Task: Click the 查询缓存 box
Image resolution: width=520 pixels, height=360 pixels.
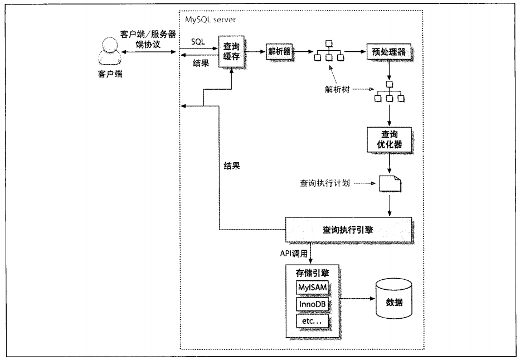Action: [x=231, y=51]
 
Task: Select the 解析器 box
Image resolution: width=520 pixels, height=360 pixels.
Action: [x=279, y=51]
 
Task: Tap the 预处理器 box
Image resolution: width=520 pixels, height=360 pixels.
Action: [x=388, y=52]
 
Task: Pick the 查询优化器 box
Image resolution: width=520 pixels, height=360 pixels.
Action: [x=390, y=139]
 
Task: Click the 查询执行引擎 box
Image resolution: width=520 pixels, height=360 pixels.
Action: [x=348, y=230]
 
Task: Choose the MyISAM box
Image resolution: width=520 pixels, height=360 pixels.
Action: [x=312, y=288]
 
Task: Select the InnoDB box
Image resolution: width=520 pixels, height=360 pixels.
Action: [x=312, y=304]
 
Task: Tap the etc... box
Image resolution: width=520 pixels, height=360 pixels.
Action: [x=312, y=321]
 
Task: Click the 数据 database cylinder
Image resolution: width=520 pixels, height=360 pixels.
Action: [x=393, y=299]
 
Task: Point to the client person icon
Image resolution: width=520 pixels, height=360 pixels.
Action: [x=110, y=51]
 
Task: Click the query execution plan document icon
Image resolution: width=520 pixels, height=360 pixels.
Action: [x=390, y=183]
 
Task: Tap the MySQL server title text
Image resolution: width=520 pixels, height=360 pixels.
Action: [x=210, y=20]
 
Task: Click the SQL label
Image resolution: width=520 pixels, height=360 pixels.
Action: [x=198, y=42]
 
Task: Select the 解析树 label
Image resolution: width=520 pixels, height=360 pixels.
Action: [x=337, y=90]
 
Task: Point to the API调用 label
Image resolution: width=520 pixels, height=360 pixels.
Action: [x=294, y=254]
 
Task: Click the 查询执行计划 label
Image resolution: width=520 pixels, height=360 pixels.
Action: [x=325, y=183]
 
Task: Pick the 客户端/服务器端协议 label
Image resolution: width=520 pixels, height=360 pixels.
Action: [x=148, y=39]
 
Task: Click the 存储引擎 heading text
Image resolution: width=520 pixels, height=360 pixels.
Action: [x=312, y=273]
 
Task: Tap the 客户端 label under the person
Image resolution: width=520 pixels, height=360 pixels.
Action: [x=110, y=74]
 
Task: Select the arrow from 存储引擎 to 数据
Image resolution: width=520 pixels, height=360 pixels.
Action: [x=357, y=299]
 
